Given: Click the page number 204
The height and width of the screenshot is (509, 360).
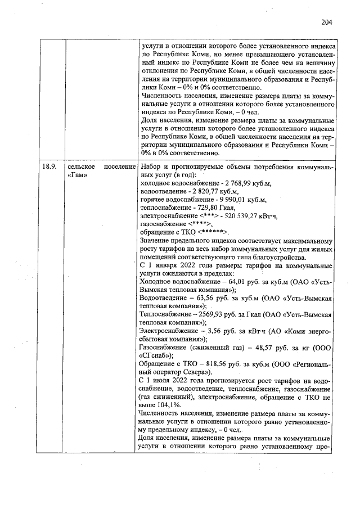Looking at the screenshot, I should point(327,22).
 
